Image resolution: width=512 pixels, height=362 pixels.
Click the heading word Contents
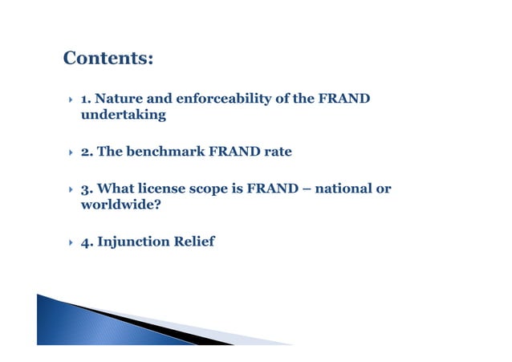coord(107,59)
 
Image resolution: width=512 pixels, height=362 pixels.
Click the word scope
coord(213,189)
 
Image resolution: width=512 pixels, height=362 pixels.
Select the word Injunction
coord(133,242)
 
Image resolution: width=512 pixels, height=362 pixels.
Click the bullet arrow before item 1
coord(68,100)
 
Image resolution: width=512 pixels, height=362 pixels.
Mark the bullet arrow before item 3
coord(68,190)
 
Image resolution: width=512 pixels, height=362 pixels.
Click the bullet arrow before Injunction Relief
coord(68,242)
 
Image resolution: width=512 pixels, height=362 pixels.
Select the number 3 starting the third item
coord(85,189)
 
